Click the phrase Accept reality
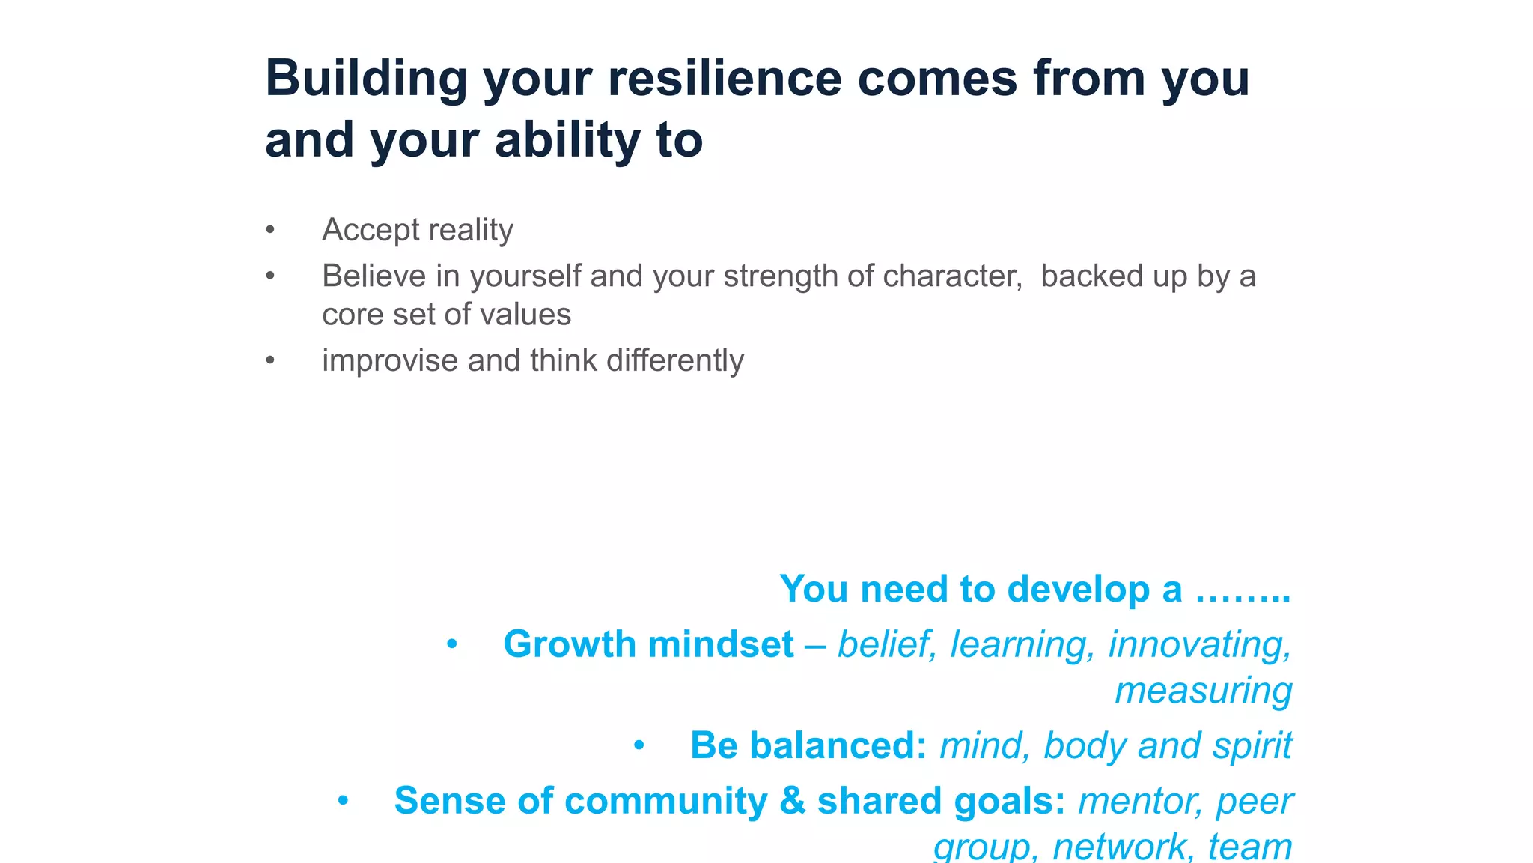(x=417, y=230)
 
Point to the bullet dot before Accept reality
(x=270, y=230)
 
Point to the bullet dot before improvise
(x=270, y=361)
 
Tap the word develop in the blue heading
(x=1078, y=590)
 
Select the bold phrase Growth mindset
(x=648, y=644)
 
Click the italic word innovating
(x=1199, y=645)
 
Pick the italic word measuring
(x=1203, y=691)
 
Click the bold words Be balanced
(x=808, y=746)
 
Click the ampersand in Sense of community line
(x=792, y=801)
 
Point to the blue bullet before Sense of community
(x=343, y=801)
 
